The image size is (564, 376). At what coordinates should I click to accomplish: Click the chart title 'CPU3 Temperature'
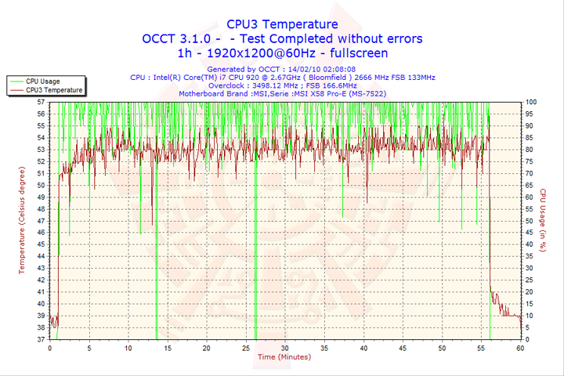[282, 24]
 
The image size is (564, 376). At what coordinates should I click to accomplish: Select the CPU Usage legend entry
[42, 81]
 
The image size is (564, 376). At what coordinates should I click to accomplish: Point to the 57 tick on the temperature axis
[41, 102]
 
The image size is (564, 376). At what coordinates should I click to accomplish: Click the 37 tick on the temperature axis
[41, 340]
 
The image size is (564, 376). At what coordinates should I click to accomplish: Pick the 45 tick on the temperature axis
[41, 244]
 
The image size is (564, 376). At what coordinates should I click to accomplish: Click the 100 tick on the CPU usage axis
[531, 102]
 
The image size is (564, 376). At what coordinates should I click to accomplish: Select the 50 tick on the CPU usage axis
[530, 221]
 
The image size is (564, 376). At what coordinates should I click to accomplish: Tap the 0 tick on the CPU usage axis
[528, 340]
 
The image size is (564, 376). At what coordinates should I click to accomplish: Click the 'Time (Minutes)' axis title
[283, 357]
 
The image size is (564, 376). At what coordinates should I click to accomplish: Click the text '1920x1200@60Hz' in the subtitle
[267, 52]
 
